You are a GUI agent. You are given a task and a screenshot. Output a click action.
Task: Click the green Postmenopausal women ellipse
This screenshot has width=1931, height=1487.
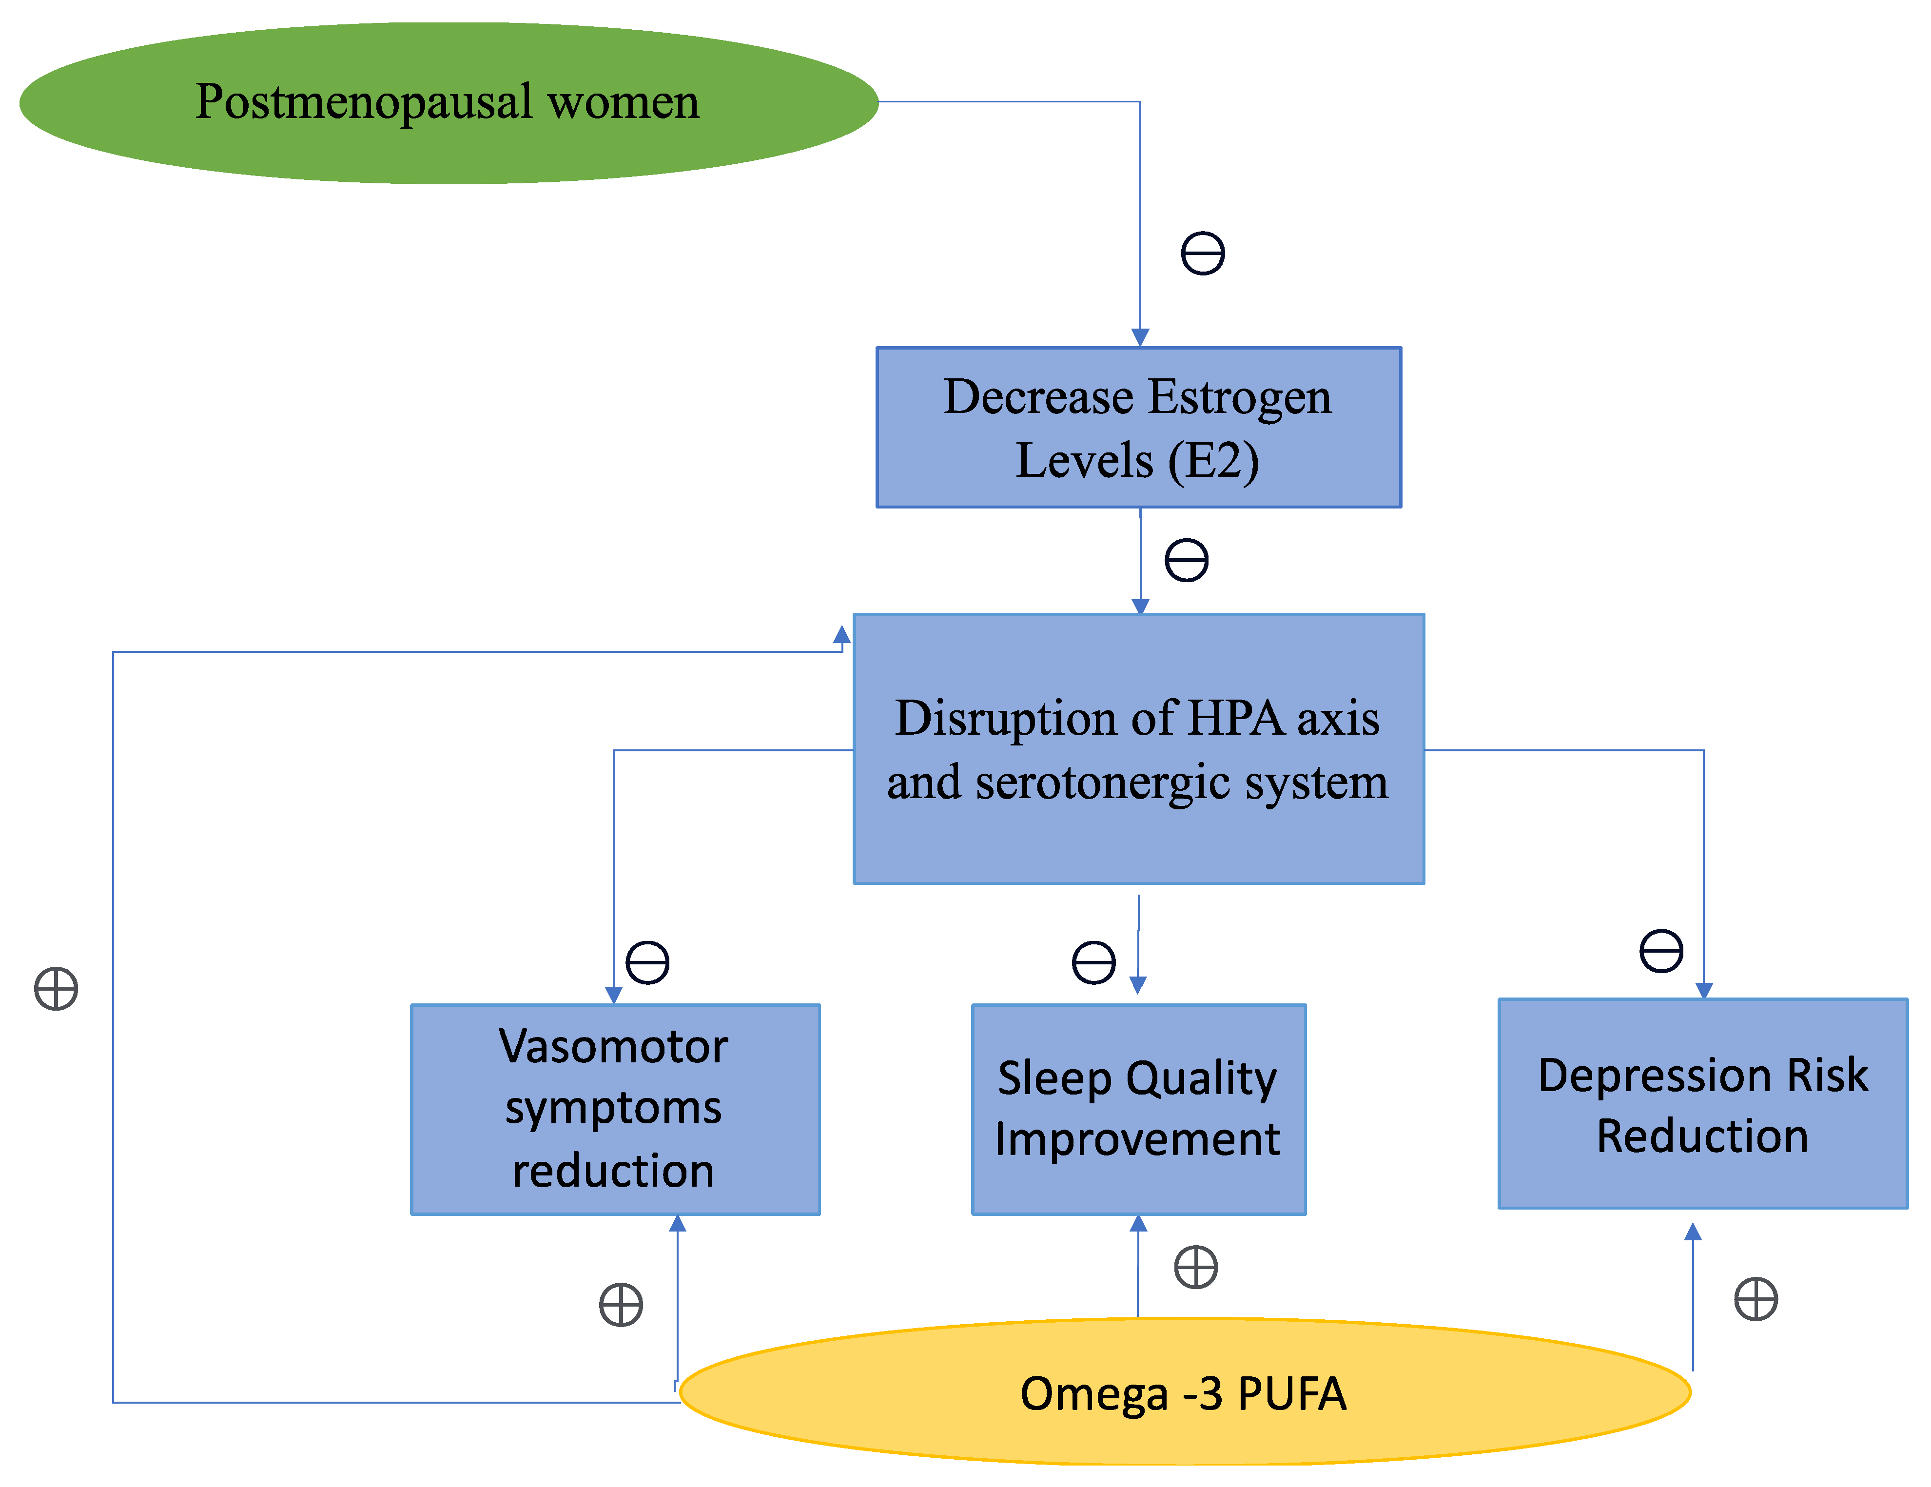point(449,103)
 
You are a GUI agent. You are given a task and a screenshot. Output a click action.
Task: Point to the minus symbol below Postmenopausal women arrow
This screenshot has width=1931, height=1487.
point(1203,254)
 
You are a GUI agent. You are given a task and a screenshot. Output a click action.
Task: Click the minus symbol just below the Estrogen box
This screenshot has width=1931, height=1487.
point(1187,560)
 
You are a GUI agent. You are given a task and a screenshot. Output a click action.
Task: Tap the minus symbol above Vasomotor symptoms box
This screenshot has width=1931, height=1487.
point(647,962)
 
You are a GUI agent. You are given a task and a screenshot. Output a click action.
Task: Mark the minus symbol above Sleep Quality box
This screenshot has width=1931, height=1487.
point(1093,962)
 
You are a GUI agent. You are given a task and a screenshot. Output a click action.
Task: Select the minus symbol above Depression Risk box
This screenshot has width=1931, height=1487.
point(1661,951)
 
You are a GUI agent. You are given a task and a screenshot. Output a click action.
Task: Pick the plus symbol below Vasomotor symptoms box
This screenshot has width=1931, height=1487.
point(621,1305)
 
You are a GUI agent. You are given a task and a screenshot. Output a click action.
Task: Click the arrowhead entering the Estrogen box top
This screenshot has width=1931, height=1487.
point(1141,337)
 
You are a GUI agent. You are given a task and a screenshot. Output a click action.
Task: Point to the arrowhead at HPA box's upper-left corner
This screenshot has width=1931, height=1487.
point(842,635)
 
